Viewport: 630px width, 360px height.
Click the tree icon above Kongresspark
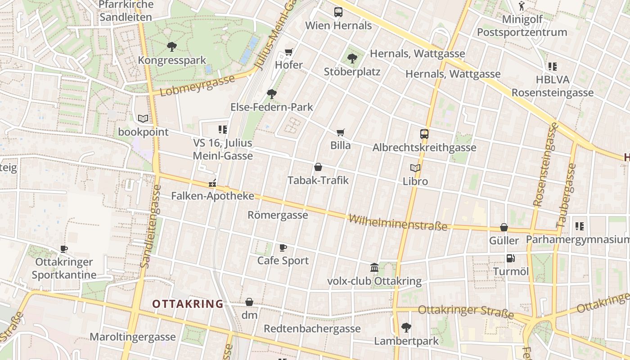click(171, 46)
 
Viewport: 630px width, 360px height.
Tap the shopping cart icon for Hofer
click(289, 52)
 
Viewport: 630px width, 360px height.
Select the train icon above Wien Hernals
click(338, 12)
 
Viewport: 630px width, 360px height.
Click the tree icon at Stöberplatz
click(352, 58)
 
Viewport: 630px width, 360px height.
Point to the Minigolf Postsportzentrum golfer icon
click(522, 6)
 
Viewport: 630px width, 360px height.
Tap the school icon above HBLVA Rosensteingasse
click(553, 67)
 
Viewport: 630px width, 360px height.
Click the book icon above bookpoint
click(143, 119)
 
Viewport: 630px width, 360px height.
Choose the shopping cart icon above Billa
click(341, 132)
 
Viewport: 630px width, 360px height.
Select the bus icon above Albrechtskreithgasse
click(424, 134)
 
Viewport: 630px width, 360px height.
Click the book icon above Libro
click(415, 168)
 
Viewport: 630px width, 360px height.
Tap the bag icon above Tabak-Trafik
click(318, 167)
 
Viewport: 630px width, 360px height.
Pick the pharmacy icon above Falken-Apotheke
click(212, 184)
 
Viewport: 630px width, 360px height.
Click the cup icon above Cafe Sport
click(283, 247)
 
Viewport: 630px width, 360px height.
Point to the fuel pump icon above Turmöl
click(510, 258)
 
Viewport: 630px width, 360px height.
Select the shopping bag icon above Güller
click(504, 227)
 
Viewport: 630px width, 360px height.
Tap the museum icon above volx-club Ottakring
click(374, 268)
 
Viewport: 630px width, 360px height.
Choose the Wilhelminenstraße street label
click(398, 223)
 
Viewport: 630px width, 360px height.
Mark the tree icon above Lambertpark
click(406, 327)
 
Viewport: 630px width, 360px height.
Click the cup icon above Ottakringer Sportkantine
click(64, 249)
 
